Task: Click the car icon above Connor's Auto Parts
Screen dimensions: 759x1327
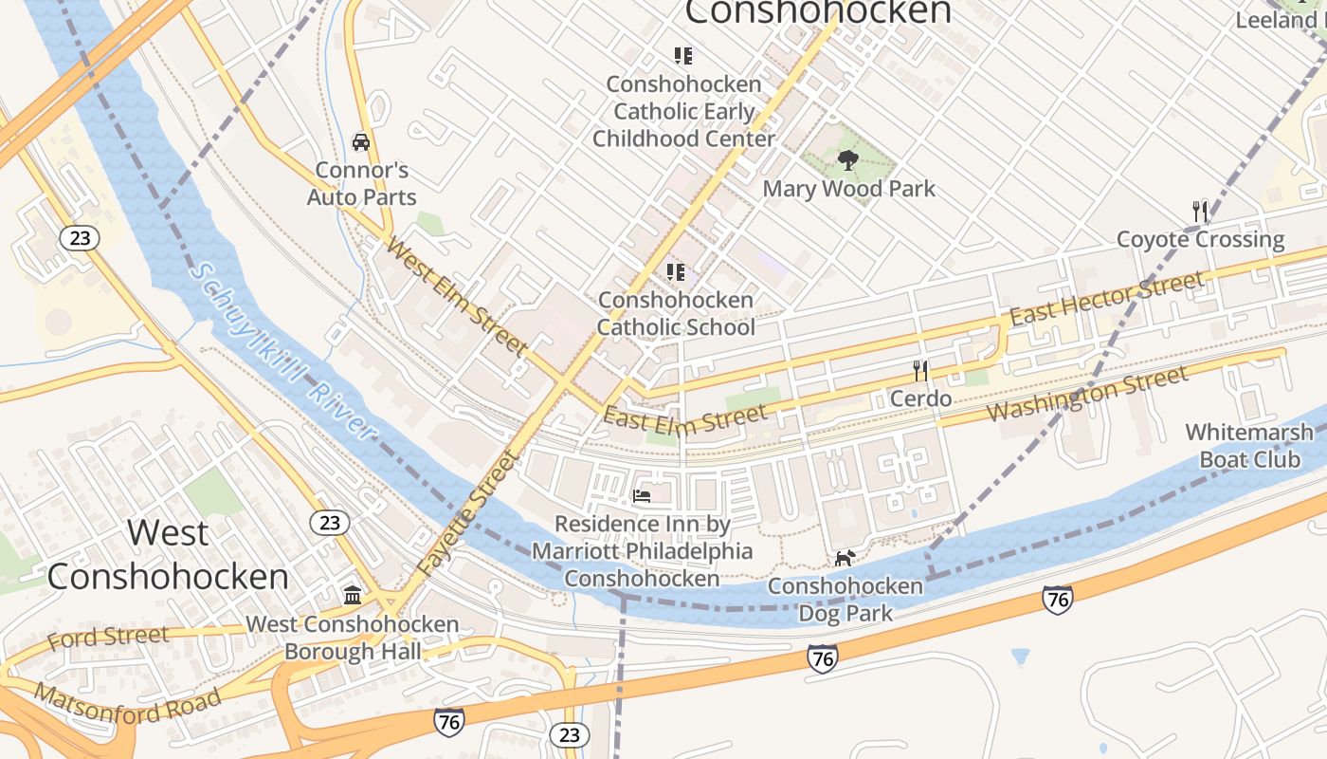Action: coord(360,142)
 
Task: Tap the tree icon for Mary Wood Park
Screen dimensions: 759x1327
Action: coord(848,159)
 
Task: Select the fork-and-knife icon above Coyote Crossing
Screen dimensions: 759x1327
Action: coord(1200,211)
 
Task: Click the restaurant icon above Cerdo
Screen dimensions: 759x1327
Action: coord(919,370)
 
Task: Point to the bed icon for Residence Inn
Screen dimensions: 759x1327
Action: coord(642,495)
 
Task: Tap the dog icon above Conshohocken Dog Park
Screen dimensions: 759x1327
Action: coord(844,558)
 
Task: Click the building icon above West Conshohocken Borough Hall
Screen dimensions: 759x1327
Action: coord(353,595)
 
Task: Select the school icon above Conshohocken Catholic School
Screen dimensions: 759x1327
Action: coord(676,272)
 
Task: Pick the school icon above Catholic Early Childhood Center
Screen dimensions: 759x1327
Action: coord(682,56)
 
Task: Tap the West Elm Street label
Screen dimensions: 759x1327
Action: coord(457,296)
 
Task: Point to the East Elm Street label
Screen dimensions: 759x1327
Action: coord(684,418)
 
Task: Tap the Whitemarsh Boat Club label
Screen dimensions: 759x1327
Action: coord(1249,446)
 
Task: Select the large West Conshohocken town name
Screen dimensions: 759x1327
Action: coord(168,554)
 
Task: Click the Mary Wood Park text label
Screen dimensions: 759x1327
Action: coord(848,189)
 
